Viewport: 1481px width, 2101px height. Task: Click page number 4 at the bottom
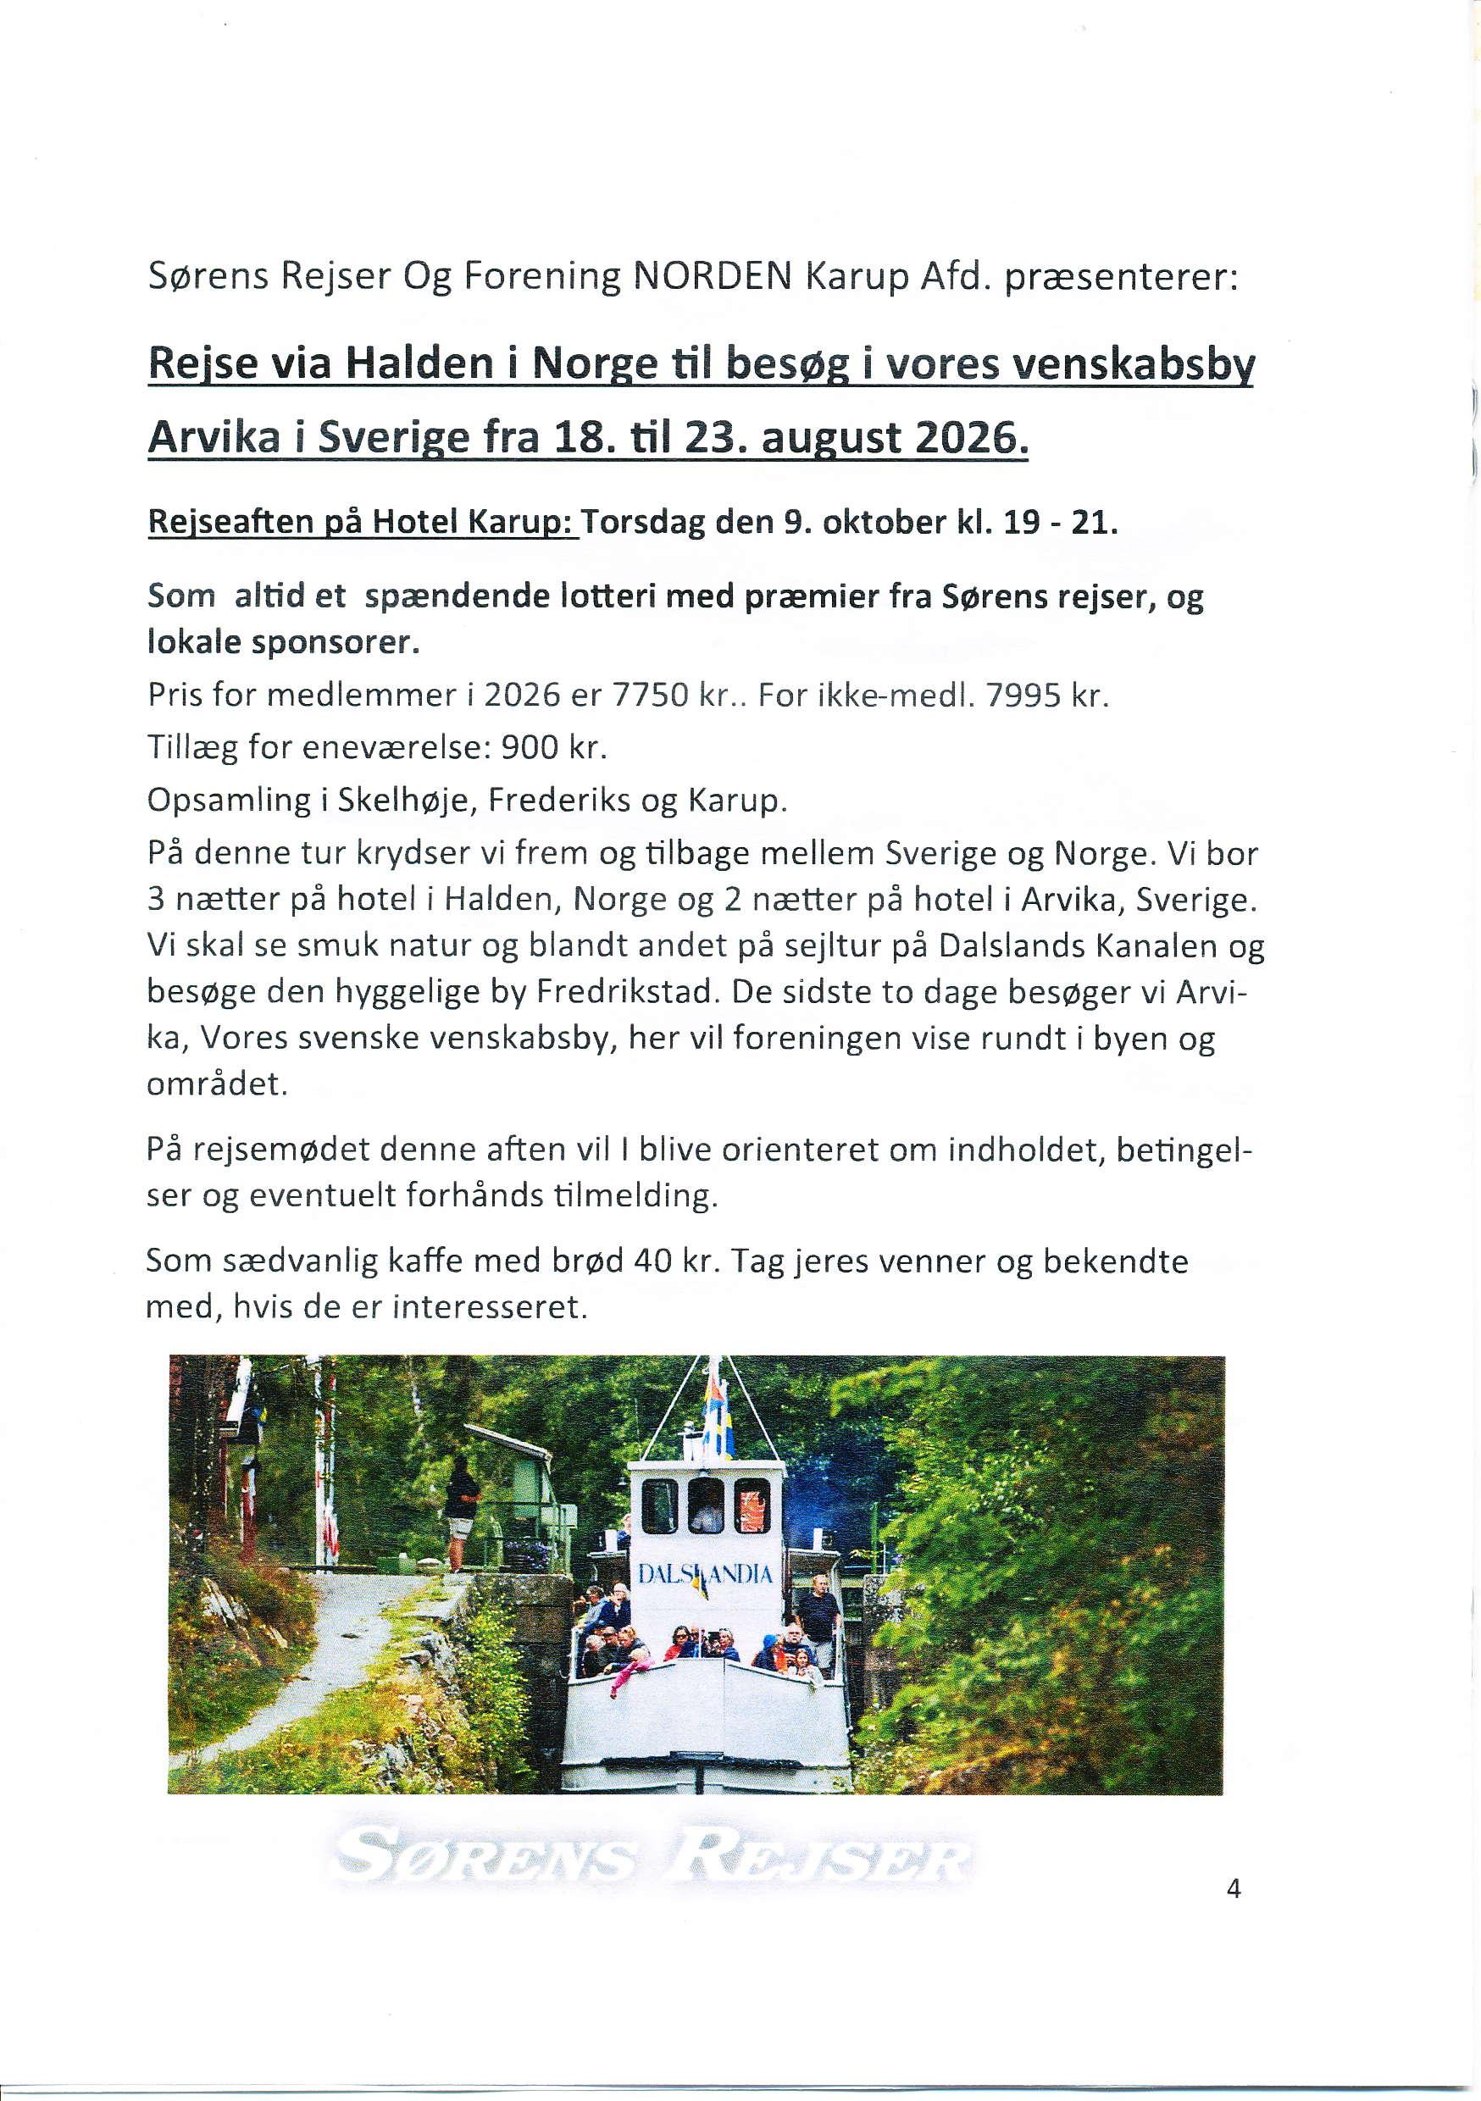[1233, 1888]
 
